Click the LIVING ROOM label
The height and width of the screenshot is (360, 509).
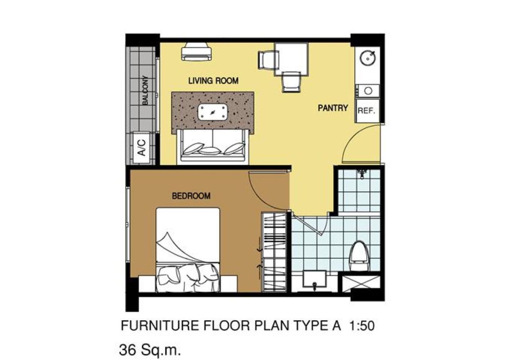(x=213, y=81)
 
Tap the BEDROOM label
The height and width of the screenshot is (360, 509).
(x=191, y=196)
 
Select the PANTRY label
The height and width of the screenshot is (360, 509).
(x=333, y=108)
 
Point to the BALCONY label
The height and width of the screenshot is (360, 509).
(x=145, y=90)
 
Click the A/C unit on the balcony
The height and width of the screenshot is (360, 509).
(x=141, y=147)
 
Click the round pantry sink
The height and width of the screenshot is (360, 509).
(x=367, y=58)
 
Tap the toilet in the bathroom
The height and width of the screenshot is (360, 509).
(x=359, y=256)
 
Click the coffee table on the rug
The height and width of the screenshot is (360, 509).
(x=213, y=112)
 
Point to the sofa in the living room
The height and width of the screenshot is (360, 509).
(x=213, y=145)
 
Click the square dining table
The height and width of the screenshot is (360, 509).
(x=291, y=59)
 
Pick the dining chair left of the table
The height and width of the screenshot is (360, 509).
(x=268, y=60)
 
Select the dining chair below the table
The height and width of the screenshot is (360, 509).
(x=291, y=82)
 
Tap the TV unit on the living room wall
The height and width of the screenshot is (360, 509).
(x=196, y=52)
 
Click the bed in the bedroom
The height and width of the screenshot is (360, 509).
(x=188, y=250)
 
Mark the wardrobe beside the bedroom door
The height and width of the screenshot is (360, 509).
(x=274, y=252)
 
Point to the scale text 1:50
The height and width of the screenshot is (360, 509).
(x=362, y=326)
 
